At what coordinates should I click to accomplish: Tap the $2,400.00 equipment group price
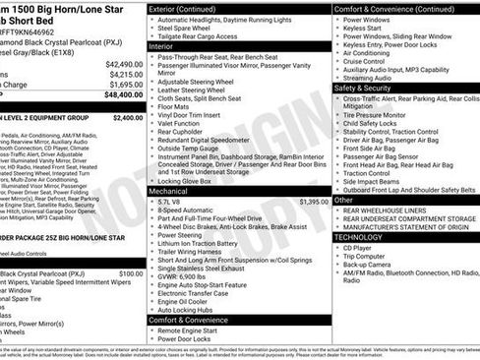123,117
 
